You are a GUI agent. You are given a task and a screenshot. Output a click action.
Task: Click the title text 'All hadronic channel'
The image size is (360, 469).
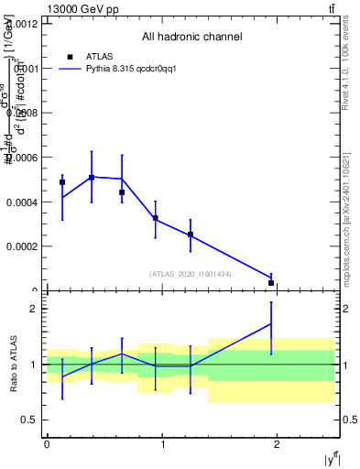coord(191,38)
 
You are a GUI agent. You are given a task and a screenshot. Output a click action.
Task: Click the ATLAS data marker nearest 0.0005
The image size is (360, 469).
coord(92,178)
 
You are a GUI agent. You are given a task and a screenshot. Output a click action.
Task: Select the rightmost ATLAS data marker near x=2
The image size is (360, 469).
coord(271,283)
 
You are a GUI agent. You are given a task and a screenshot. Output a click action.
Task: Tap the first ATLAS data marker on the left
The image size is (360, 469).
coord(62,182)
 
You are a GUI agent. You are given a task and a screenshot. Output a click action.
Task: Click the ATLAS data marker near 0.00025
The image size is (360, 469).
coord(191,234)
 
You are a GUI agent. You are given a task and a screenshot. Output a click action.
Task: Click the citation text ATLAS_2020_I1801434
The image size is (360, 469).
coord(191,274)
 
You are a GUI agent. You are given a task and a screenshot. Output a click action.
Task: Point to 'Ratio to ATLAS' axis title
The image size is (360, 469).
coord(14,364)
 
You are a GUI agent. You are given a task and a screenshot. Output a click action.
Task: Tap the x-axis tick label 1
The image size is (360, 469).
coord(163,445)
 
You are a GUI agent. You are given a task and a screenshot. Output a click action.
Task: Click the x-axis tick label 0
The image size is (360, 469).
coord(47,445)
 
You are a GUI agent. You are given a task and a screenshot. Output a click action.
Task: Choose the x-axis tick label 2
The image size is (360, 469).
coord(278,445)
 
